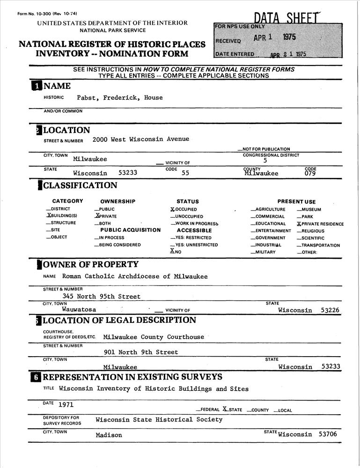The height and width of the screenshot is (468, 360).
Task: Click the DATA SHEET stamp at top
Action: click(287, 18)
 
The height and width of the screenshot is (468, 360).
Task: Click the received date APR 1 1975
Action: click(275, 38)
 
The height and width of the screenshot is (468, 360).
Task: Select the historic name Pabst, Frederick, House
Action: click(120, 98)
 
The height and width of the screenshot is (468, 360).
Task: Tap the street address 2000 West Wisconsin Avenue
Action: click(140, 139)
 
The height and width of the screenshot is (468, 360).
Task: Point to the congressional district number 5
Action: click(265, 161)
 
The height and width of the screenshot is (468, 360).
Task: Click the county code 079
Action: click(310, 173)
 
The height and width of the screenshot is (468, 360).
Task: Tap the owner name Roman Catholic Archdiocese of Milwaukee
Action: click(135, 277)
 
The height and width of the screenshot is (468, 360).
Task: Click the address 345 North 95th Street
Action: click(101, 296)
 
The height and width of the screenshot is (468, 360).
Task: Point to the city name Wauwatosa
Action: click(79, 309)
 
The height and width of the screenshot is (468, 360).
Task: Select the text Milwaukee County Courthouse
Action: click(154, 337)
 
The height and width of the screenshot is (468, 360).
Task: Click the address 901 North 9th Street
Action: click(140, 352)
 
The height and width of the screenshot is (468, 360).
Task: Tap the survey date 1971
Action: click(66, 404)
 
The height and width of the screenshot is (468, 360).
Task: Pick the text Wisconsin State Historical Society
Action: click(159, 420)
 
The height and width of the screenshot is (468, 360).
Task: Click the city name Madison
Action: click(109, 435)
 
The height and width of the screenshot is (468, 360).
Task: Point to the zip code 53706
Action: click(328, 434)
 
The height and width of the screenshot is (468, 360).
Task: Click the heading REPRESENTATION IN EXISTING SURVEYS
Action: click(132, 377)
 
